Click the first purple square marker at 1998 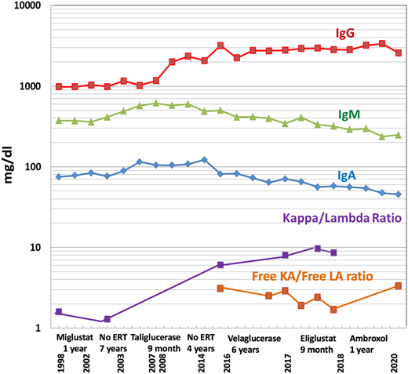click(60, 312)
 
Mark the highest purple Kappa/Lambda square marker click(318, 249)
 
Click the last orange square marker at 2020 click(399, 286)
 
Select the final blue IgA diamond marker click(399, 194)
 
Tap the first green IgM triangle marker click(60, 121)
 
